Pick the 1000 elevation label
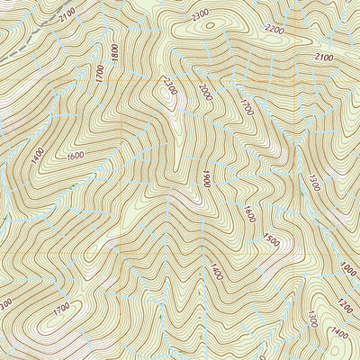pyautogui.click(x=348, y=268)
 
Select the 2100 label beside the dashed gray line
pyautogui.click(x=66, y=16)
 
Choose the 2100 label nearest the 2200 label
pyautogui.click(x=324, y=57)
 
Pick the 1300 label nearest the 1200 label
pyautogui.click(x=311, y=319)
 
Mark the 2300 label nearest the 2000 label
pyautogui.click(x=168, y=87)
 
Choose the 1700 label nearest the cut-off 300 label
pyautogui.click(x=61, y=309)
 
